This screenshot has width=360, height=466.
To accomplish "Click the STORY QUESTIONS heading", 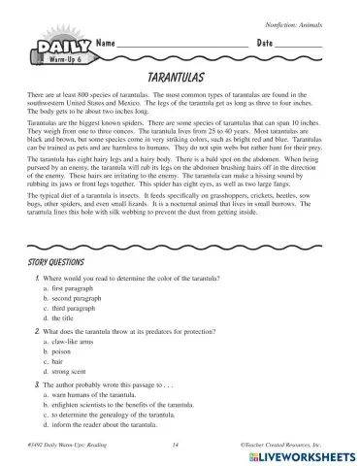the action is (x=57, y=262).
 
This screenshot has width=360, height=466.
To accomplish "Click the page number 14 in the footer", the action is (x=176, y=444).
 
